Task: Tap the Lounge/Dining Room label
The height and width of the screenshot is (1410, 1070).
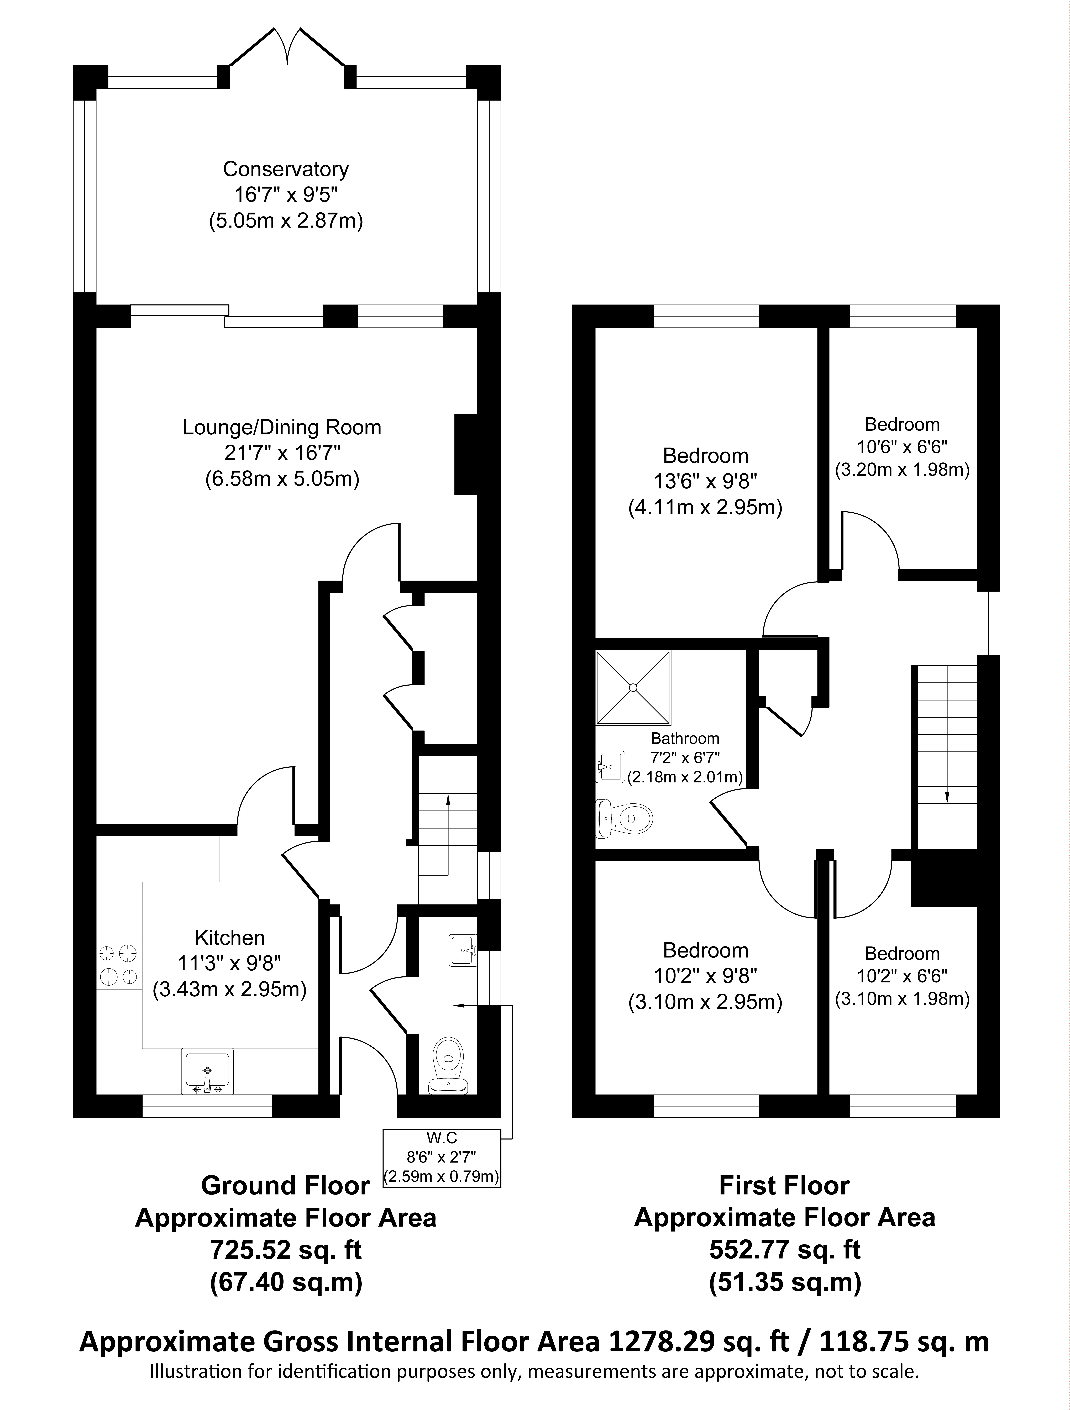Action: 282,427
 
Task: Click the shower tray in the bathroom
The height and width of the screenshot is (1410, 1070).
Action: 633,688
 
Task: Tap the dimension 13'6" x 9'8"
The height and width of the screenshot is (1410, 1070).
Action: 705,481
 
